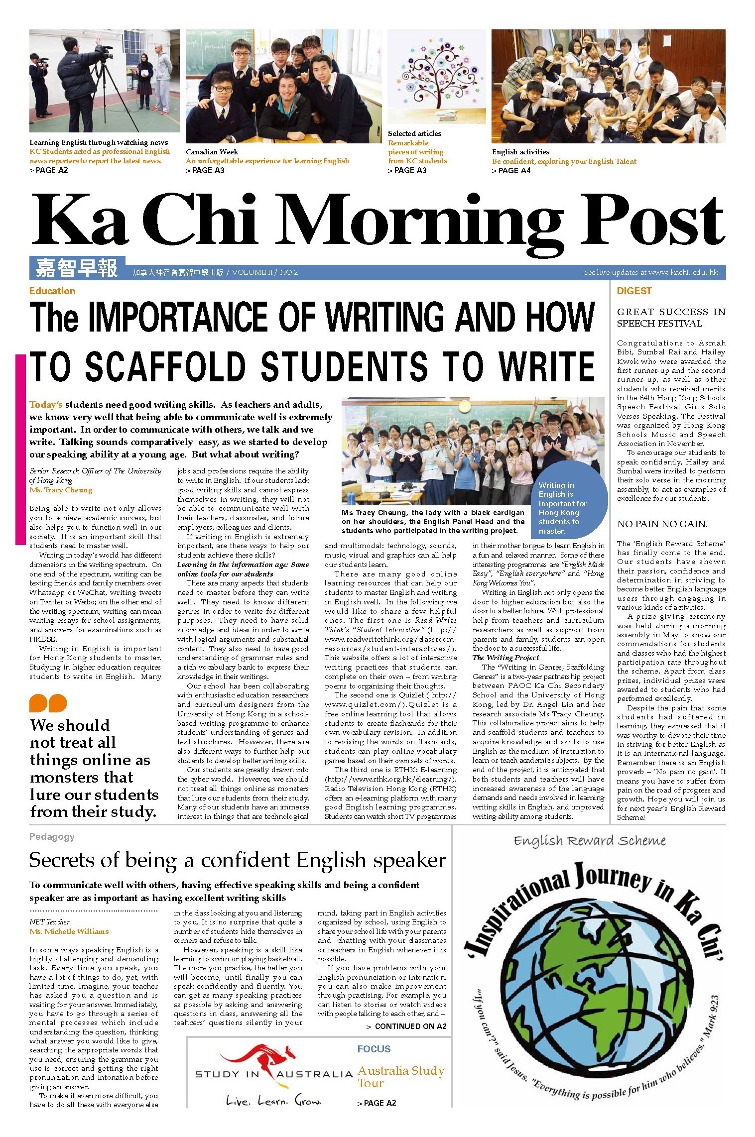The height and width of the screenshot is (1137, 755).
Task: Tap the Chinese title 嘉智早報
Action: (x=77, y=268)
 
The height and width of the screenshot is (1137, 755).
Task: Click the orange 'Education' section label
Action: (x=52, y=291)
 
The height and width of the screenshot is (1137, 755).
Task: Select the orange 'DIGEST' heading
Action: (x=634, y=291)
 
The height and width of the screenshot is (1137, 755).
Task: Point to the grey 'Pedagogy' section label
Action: (x=52, y=837)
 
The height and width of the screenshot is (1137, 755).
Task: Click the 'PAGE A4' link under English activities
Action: (x=513, y=171)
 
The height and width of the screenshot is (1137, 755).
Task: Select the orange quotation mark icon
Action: (x=48, y=703)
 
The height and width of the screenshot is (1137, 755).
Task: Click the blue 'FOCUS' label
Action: (x=374, y=1049)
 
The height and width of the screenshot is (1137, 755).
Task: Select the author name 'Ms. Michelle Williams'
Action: (x=69, y=931)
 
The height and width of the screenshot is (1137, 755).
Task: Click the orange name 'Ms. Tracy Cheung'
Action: (x=61, y=490)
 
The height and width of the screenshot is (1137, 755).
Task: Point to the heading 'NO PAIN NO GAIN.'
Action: (x=662, y=524)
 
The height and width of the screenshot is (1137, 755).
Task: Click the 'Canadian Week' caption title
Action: (x=212, y=152)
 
